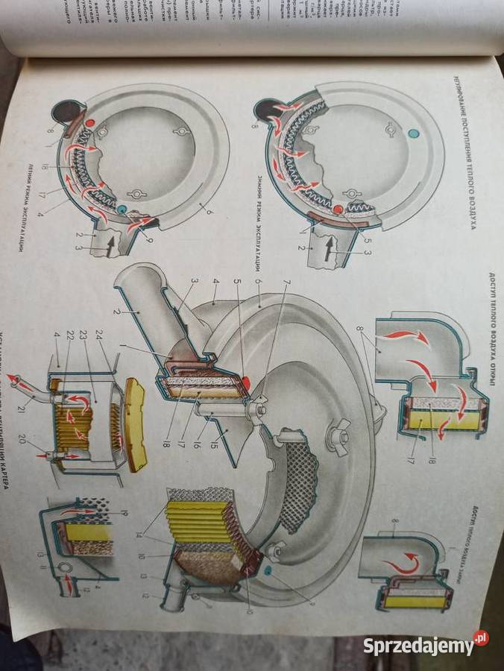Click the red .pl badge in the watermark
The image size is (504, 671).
coord(481,639)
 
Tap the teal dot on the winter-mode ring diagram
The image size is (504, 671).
coord(414,133)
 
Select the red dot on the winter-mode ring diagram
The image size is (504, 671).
coord(337,210)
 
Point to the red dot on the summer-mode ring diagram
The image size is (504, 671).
coord(90,122)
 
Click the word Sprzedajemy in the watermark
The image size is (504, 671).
coord(418,646)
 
